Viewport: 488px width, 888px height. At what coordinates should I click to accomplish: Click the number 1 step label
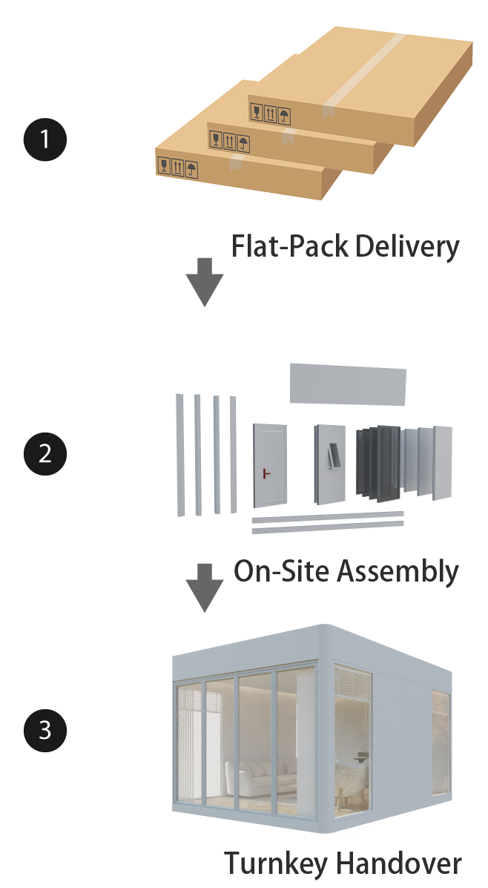tap(45, 139)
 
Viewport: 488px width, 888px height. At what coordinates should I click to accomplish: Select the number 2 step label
tap(45, 453)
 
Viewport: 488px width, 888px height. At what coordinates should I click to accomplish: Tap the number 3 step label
tap(45, 731)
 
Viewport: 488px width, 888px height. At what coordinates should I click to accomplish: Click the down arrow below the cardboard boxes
tap(204, 282)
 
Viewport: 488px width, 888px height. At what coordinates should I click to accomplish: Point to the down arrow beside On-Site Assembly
tap(204, 588)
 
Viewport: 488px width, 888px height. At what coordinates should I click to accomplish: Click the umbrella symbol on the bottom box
tap(192, 168)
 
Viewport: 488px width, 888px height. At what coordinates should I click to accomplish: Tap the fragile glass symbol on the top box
tap(257, 113)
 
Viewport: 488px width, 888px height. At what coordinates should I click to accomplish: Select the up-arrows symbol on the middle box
tap(230, 140)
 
